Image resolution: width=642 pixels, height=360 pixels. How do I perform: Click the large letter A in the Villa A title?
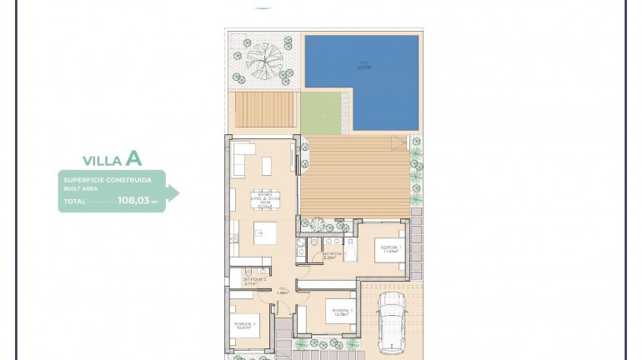pyautogui.click(x=133, y=158)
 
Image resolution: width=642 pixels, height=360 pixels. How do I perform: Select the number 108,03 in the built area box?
pyautogui.click(x=134, y=201)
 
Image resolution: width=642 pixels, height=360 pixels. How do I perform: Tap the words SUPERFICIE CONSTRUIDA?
pyautogui.click(x=108, y=180)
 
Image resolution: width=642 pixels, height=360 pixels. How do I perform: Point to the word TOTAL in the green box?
pyautogui.click(x=75, y=202)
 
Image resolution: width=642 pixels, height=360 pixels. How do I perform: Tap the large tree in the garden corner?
pyautogui.click(x=263, y=60)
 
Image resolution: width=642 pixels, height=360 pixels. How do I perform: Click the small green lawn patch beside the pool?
pyautogui.click(x=321, y=113)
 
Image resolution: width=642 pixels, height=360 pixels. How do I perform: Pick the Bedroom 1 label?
pyautogui.click(x=391, y=249)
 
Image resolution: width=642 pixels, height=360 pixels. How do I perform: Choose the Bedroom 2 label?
pyautogui.click(x=339, y=312)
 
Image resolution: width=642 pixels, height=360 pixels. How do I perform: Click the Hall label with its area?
pyautogui.click(x=283, y=291)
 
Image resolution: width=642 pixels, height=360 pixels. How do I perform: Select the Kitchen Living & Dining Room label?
pyautogui.click(x=266, y=199)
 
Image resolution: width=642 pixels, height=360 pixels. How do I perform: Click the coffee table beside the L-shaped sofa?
pyautogui.click(x=267, y=166)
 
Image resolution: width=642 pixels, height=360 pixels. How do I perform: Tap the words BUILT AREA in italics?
pyautogui.click(x=80, y=189)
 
